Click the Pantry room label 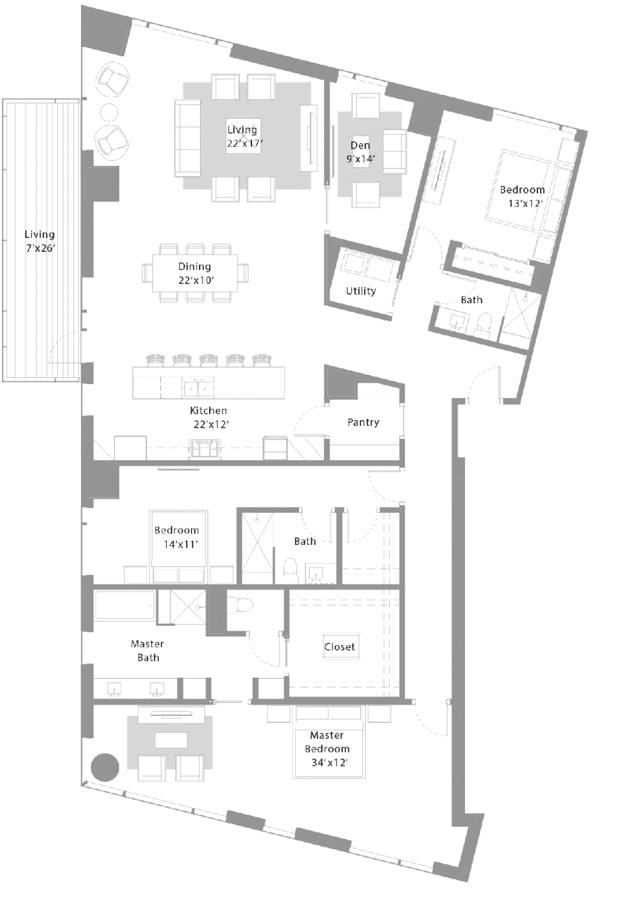pos(363,422)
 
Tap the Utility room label pos(360,291)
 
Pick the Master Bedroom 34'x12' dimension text pos(330,762)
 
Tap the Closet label pos(339,647)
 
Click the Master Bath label pos(148,651)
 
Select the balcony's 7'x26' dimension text pos(40,248)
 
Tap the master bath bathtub pos(125,605)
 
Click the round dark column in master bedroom pos(105,767)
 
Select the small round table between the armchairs pos(108,112)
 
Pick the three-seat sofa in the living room pos(187,138)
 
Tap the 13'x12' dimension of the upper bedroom pos(525,203)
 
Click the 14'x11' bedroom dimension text pos(181,544)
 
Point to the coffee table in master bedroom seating pos(171,740)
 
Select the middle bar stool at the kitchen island pos(208,360)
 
